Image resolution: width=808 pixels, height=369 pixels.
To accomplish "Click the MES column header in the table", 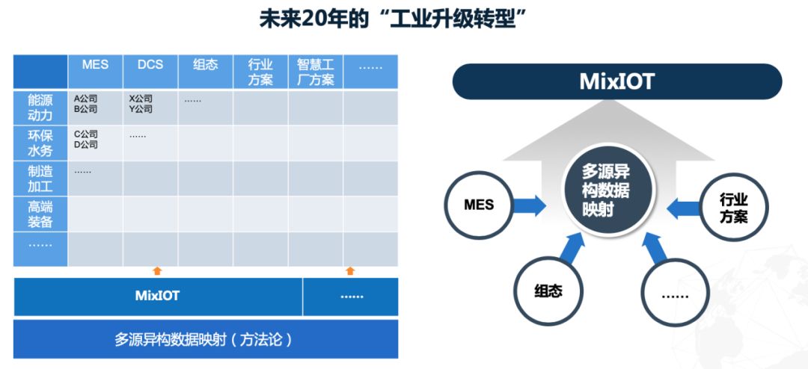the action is tap(95, 72).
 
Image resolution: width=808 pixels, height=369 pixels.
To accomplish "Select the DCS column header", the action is tap(150, 72).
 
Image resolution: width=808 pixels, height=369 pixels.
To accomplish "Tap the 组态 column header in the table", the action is tap(206, 72).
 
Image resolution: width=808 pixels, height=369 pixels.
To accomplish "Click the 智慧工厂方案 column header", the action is tap(316, 72).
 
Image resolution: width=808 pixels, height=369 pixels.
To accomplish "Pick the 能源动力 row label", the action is tap(40, 107).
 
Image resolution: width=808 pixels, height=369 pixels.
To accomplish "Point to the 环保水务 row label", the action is tap(40, 143).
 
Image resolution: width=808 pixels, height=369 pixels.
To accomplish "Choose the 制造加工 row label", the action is tap(40, 179).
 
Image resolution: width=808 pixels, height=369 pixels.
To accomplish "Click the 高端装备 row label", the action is tap(40, 214).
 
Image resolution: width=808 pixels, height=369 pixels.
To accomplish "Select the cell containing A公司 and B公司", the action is tap(95, 107).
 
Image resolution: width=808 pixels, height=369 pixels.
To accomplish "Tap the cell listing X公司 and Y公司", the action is tap(150, 107).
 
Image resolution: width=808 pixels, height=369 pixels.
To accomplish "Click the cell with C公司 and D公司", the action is tap(95, 143).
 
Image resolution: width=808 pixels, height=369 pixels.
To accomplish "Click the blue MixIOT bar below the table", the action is tap(158, 297).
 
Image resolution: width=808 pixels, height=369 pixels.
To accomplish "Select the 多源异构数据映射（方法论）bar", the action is tap(206, 339).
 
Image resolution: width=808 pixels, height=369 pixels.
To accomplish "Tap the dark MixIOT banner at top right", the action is tap(616, 81).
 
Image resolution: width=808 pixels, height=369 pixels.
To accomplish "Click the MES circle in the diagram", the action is tap(479, 205).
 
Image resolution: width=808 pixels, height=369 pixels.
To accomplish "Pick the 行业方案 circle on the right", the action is tap(733, 207).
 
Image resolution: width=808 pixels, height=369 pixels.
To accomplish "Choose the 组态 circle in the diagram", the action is tap(548, 291).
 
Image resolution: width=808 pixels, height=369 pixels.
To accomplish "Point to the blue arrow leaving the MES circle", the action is tap(529, 205).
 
